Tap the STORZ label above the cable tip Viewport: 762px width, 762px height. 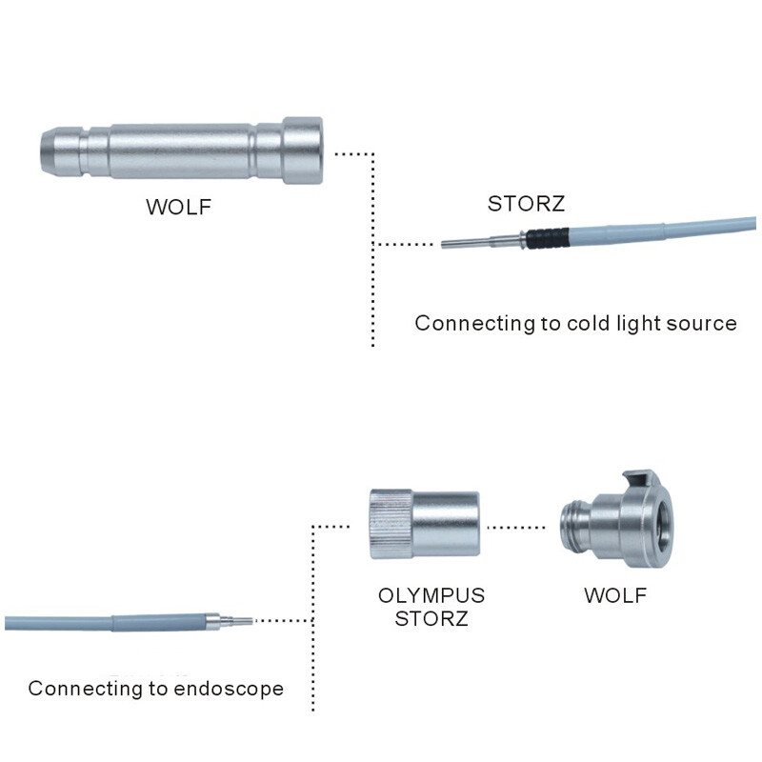click(x=526, y=204)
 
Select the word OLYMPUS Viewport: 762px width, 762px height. click(x=431, y=596)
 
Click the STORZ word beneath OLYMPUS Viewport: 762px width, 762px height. click(x=431, y=620)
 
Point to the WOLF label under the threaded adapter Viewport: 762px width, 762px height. click(x=614, y=596)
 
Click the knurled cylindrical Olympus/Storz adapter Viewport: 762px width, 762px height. click(x=423, y=523)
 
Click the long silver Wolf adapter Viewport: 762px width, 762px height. click(x=181, y=150)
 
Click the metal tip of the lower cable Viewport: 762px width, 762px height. click(x=235, y=621)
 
